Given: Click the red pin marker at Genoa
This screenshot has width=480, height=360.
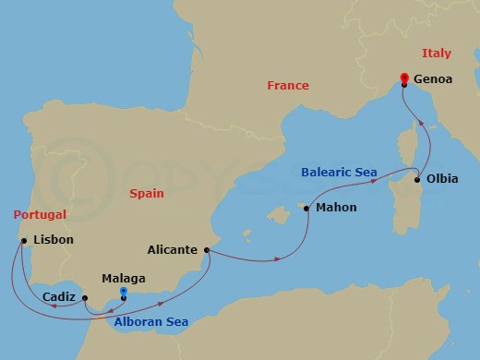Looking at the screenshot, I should tap(404, 78).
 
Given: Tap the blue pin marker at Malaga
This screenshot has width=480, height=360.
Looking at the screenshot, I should tap(124, 293).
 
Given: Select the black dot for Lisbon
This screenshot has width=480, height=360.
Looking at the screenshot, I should tap(22, 241).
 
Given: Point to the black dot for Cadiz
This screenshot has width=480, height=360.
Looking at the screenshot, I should tap(84, 298).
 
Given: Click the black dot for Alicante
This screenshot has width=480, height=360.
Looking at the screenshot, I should tap(207, 249).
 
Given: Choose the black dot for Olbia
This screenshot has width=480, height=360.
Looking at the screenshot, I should tap(417, 179).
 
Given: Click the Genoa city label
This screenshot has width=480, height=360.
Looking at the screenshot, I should tap(433, 79).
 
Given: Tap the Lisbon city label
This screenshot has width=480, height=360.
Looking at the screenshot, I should tap(53, 241).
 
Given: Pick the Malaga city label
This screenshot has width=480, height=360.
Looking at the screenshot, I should tap(124, 276).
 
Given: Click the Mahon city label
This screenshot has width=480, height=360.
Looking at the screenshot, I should tap(336, 208).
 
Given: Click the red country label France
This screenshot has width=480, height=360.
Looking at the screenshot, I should tap(288, 85).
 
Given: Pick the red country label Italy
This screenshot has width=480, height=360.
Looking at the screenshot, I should tap(438, 53).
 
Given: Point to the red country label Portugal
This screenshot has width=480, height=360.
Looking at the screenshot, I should tap(40, 214).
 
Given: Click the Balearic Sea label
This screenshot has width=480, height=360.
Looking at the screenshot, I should tap(339, 172).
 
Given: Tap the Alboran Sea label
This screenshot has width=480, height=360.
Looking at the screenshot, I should tap(151, 322).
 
